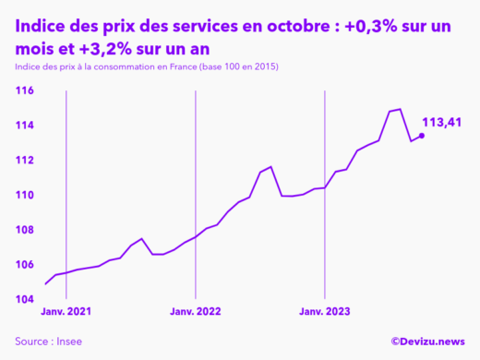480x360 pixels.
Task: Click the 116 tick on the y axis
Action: (23, 90)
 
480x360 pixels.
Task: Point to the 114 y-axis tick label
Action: (23, 126)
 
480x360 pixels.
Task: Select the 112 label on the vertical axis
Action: (23, 160)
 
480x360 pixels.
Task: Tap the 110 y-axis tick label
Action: (23, 195)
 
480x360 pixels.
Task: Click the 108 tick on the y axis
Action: (23, 230)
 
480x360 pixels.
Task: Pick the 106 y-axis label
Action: (23, 265)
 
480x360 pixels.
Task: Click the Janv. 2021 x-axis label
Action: (66, 312)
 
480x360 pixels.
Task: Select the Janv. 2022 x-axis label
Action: (195, 312)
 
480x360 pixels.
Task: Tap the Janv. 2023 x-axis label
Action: (324, 312)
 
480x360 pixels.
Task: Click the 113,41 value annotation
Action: (441, 122)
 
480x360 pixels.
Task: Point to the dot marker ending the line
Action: (422, 136)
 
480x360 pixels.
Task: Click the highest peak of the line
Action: (399, 109)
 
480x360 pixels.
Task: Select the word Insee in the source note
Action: (67, 342)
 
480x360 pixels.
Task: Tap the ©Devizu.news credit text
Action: (427, 342)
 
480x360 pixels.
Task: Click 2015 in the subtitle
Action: (262, 68)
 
